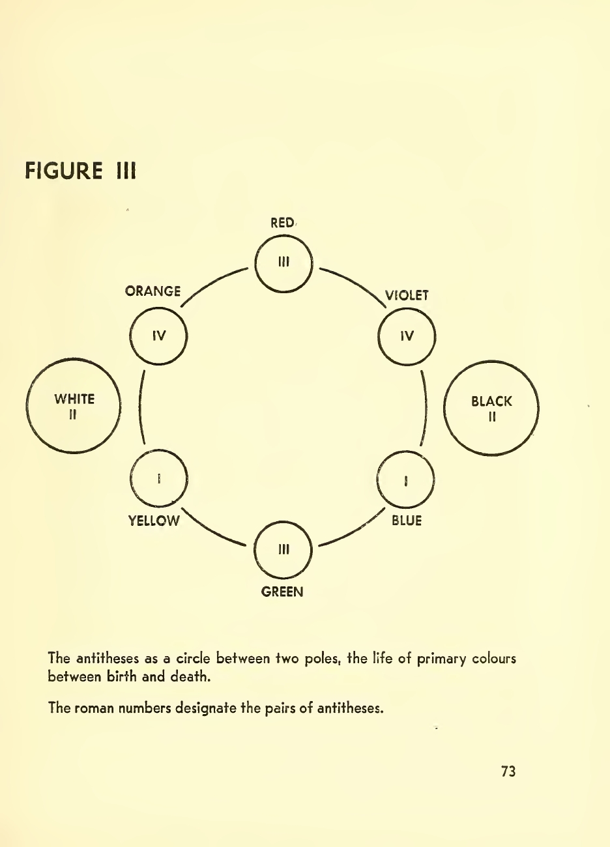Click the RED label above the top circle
coord(282,223)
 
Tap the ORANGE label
coord(152,291)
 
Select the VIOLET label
coord(407,296)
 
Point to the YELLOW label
coord(154,521)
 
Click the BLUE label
coord(407,521)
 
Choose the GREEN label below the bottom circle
coord(282,592)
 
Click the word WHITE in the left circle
coord(74,399)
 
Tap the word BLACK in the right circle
coord(491,401)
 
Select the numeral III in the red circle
coord(283,263)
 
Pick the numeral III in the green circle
coord(283,549)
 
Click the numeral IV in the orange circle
coord(159,336)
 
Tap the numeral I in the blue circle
coord(406,480)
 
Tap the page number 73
coord(508,771)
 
